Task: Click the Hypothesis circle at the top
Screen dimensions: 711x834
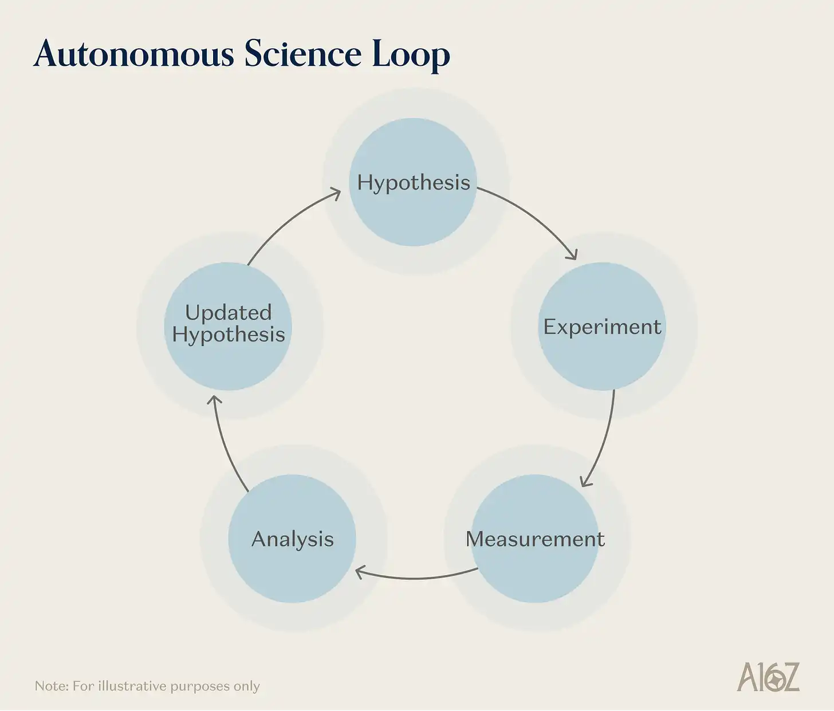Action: pos(413,182)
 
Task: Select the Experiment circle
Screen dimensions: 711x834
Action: pos(602,327)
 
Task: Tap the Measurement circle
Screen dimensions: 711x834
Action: pos(535,539)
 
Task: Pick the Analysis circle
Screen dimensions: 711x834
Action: pos(292,539)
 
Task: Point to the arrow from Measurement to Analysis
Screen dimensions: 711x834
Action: pos(415,578)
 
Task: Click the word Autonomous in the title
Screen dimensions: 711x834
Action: pos(134,54)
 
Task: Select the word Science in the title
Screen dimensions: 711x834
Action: pos(303,54)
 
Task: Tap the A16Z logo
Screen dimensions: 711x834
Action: pos(768,677)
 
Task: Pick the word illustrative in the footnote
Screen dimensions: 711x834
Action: pos(132,686)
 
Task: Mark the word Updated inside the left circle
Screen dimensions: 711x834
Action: pos(228,313)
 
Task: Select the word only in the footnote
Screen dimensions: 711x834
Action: pos(247,686)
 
